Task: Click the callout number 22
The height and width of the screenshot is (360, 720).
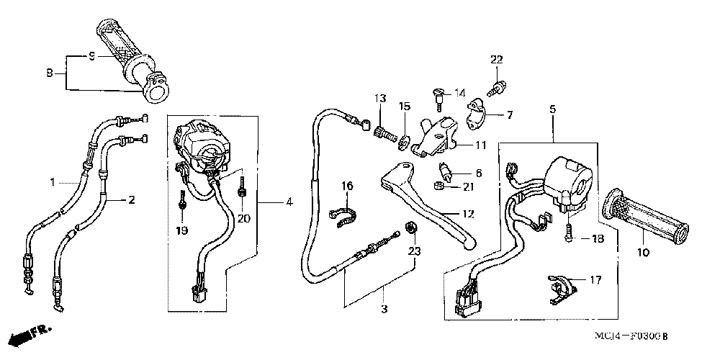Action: [x=496, y=59]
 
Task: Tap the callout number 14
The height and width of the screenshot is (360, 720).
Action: [x=460, y=93]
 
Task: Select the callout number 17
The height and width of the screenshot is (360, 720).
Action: [x=595, y=280]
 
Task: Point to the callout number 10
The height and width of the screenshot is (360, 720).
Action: [x=643, y=252]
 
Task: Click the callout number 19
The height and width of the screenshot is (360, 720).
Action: [x=181, y=230]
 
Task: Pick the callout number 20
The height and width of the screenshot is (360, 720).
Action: [x=243, y=218]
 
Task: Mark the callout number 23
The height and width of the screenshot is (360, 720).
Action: [x=413, y=251]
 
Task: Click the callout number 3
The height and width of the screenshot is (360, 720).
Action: [x=384, y=310]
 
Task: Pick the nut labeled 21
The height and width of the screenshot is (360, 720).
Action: [x=438, y=187]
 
